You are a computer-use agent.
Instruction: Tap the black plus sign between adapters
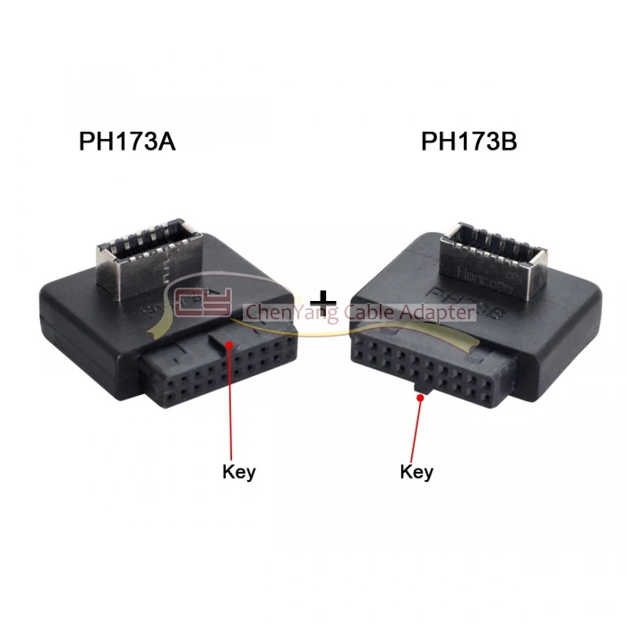[322, 301]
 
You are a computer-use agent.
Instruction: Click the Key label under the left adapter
[238, 472]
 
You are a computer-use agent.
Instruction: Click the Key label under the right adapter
[417, 471]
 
